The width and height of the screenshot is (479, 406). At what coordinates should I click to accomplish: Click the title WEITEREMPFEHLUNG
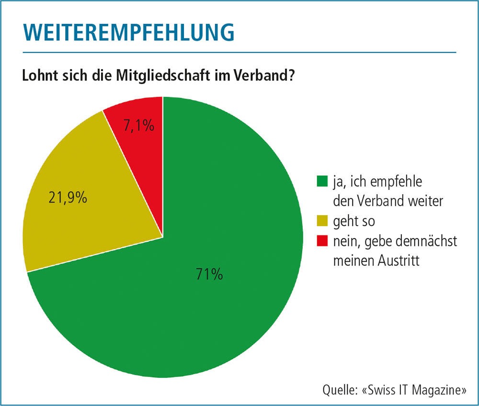click(128, 31)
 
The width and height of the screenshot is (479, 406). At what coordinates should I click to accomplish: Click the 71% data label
click(209, 274)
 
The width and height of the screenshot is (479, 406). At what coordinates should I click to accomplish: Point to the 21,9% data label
click(68, 197)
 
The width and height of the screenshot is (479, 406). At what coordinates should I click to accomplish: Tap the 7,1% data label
click(139, 126)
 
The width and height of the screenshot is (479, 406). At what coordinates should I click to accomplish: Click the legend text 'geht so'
click(354, 222)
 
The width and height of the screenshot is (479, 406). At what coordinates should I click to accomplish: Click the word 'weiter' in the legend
click(431, 201)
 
